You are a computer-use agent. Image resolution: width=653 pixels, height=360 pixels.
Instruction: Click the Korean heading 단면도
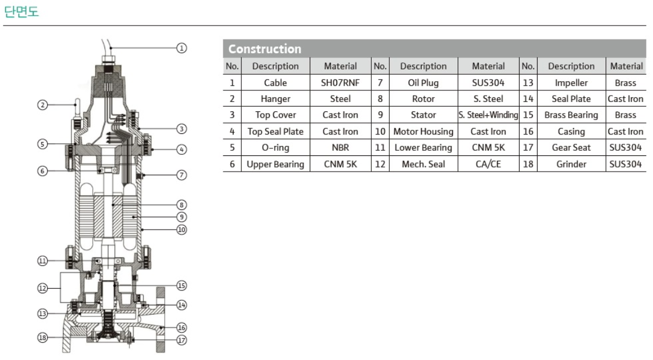21,11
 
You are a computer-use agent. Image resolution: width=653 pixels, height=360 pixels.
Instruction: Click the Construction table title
265,49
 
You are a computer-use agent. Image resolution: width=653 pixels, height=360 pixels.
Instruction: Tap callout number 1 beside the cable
182,48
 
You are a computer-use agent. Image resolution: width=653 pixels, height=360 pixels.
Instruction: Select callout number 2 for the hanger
42,105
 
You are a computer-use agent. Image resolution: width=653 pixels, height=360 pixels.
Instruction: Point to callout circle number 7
182,175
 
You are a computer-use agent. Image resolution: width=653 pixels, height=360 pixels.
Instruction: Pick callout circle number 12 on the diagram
42,288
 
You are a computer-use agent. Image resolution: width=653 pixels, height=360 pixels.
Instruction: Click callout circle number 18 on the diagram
42,337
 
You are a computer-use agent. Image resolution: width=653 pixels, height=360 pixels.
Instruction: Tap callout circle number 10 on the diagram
182,230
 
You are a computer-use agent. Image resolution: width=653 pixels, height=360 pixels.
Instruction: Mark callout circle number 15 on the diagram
182,285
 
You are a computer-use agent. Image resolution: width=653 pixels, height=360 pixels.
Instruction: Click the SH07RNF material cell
340,83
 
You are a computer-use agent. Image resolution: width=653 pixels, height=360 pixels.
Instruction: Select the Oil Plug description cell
423,83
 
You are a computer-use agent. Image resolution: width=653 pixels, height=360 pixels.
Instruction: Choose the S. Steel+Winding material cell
488,115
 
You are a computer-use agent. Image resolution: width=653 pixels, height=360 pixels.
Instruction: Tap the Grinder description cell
571,164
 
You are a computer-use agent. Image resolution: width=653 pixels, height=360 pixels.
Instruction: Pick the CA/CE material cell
488,164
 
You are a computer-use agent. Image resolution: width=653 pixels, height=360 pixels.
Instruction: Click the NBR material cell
340,148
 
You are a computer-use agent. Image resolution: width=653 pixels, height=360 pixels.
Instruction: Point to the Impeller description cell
571,83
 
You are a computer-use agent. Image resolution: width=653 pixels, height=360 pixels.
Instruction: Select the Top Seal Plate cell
275,132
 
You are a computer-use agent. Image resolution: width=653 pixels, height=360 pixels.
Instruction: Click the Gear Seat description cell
571,148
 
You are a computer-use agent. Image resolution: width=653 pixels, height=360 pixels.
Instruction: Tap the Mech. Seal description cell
423,164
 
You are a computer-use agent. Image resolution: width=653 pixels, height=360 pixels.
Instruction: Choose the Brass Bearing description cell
571,115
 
